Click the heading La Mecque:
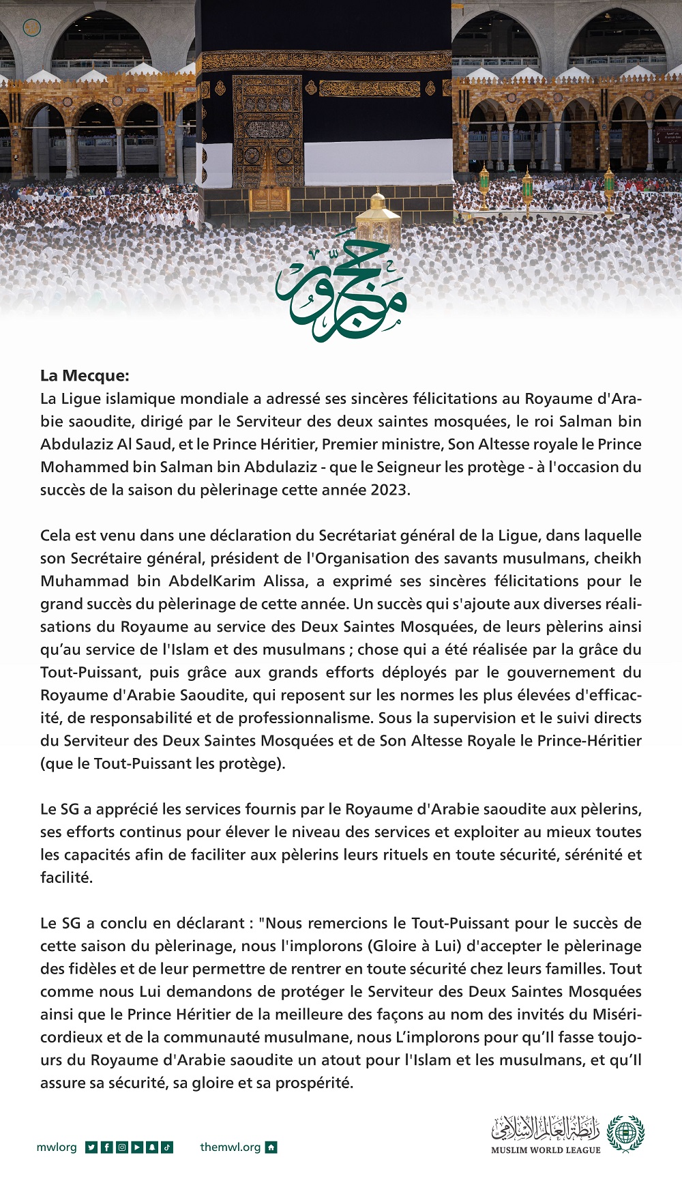point(85,375)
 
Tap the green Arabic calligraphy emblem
point(341,290)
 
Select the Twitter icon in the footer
point(91,1148)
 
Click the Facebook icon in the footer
point(106,1148)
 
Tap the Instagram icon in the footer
point(121,1148)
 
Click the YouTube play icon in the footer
point(136,1148)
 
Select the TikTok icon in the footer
point(167,1148)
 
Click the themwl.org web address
point(230,1148)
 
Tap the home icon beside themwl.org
point(271,1148)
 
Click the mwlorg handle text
point(57,1148)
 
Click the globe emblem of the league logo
point(625,1133)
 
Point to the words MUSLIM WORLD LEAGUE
point(546,1150)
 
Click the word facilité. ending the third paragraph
point(66,877)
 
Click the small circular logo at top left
point(32,28)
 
